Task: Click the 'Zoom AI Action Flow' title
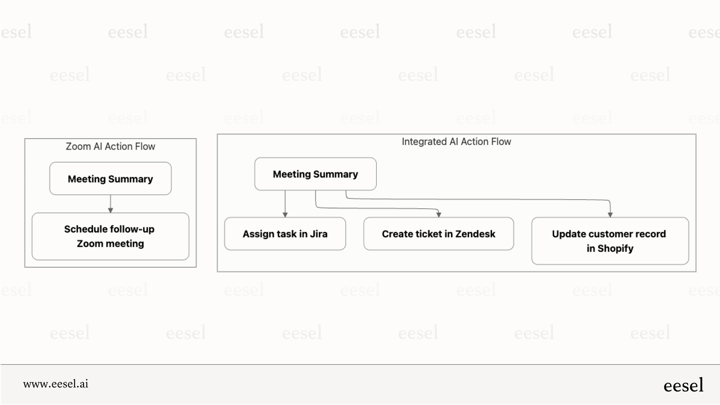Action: [110, 147]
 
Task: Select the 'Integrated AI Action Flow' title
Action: [456, 142]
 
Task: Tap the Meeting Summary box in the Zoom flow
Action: [111, 179]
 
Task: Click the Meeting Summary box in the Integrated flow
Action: [315, 174]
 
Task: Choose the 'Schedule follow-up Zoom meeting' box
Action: [111, 236]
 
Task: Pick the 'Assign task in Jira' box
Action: [285, 234]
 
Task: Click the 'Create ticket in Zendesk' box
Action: [438, 234]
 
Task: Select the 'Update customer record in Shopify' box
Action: [610, 241]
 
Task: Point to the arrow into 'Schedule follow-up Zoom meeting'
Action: [111, 210]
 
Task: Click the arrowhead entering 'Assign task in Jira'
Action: [285, 215]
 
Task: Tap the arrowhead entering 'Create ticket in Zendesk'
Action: [438, 215]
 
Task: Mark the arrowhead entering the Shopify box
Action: [610, 215]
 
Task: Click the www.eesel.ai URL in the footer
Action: [56, 384]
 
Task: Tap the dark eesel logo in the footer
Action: [683, 385]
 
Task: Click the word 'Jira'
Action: [319, 234]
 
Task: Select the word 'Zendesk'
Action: [475, 234]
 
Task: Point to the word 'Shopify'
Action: [615, 249]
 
